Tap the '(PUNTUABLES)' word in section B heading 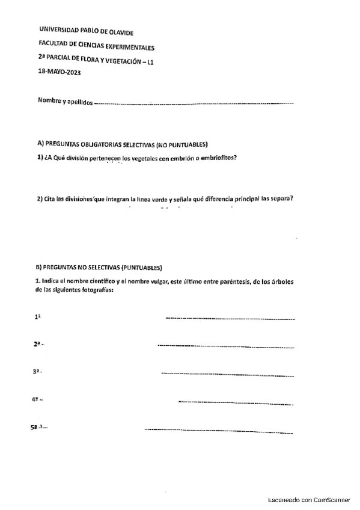point(141,266)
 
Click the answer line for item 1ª point(230,318)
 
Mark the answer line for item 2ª point(225,346)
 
